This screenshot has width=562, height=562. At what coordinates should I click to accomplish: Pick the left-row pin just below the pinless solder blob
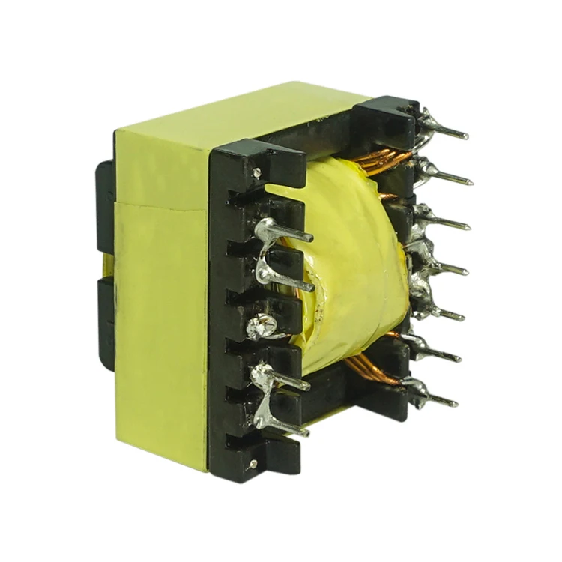click(285, 380)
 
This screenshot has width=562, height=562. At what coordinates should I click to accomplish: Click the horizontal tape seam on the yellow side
click(161, 206)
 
